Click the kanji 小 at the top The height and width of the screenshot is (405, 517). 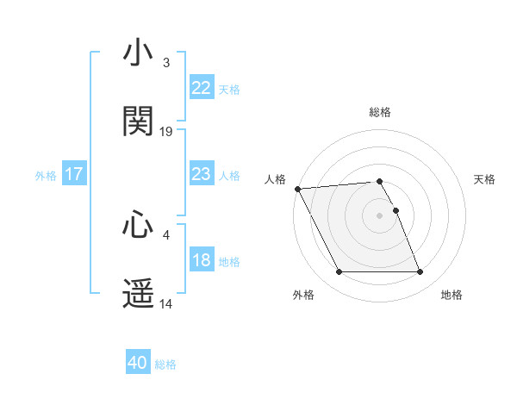139,53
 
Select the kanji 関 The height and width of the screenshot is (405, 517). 139,121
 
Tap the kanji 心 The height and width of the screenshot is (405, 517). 139,225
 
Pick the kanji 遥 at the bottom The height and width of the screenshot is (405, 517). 139,294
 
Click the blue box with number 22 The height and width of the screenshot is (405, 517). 202,87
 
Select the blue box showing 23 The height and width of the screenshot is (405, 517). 202,174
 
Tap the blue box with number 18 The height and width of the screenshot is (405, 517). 202,261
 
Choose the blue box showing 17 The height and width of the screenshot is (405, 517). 74,174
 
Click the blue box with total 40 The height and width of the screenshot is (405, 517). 138,364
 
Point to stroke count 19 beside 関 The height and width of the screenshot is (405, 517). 166,131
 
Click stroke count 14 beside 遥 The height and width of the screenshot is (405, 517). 166,304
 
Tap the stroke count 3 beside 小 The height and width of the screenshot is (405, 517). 165,63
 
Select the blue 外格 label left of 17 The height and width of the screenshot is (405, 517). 46,175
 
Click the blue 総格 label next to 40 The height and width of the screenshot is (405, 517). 165,364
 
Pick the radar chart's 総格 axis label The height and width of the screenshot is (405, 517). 380,112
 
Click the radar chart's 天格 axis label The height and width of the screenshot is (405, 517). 485,179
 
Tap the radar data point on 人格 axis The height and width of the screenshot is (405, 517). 297,189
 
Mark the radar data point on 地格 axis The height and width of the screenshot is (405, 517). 420,272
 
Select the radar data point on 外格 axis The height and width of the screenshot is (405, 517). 339,272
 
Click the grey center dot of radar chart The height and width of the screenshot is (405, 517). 379,215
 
